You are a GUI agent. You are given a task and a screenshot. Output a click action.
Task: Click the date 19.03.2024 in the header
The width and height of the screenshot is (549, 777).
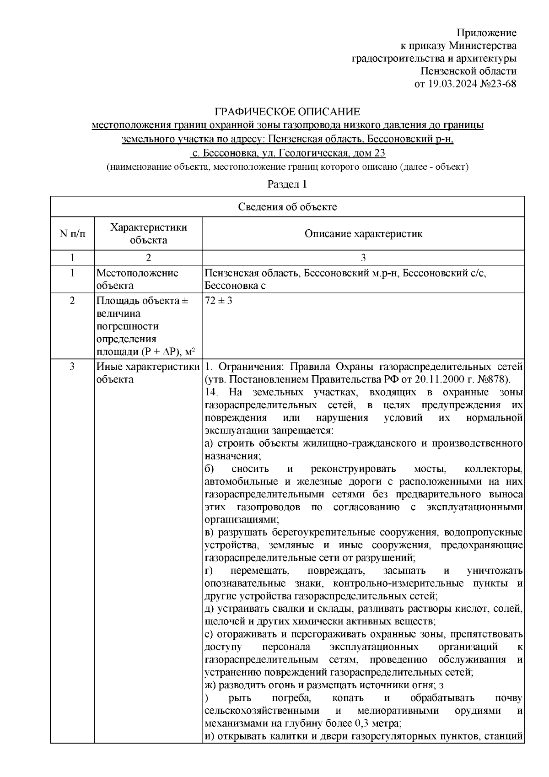[451, 84]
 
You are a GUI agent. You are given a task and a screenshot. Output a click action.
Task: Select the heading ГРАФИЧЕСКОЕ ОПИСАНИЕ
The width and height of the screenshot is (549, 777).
[288, 112]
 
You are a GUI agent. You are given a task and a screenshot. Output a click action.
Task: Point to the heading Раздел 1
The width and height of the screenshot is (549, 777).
[287, 184]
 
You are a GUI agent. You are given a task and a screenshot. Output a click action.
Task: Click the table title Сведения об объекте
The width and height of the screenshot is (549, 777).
[287, 207]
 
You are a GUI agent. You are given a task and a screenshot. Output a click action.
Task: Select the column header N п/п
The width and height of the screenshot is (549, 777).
[72, 234]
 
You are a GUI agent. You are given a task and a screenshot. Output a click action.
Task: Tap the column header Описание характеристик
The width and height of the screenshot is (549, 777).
[364, 234]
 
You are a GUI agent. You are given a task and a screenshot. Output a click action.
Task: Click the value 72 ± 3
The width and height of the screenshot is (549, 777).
[218, 301]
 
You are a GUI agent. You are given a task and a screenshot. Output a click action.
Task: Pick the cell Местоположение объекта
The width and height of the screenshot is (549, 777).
[137, 279]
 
